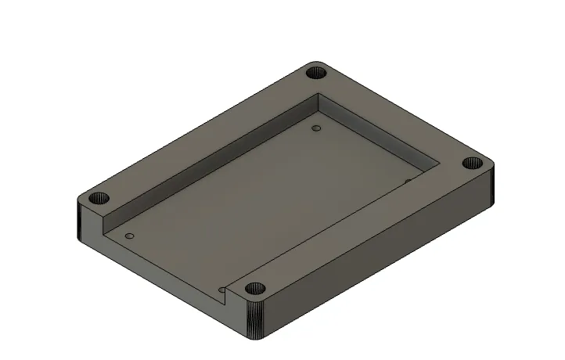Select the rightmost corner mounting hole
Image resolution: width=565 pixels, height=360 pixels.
pyautogui.click(x=471, y=164)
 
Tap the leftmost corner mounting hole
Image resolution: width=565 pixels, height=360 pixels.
pyautogui.click(x=97, y=197)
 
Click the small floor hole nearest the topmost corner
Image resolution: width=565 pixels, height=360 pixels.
pyautogui.click(x=316, y=128)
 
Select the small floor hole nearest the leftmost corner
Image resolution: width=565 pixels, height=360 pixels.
pyautogui.click(x=130, y=235)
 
